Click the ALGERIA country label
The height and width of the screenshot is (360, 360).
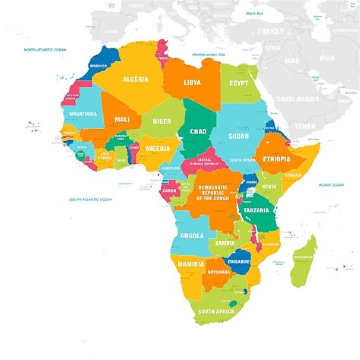[135, 79]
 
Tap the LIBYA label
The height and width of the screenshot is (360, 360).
[192, 82]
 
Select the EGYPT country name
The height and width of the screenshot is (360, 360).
[238, 83]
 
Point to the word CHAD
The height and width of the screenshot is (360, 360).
[198, 132]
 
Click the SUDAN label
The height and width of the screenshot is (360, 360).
[238, 136]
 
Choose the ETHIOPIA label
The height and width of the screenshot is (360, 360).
[276, 159]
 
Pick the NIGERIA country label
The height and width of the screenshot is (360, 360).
[158, 148]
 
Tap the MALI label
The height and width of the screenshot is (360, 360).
[122, 120]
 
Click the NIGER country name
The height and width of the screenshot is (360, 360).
[162, 121]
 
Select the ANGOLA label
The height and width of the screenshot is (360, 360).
[191, 236]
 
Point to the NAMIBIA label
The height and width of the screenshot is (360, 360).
[191, 264]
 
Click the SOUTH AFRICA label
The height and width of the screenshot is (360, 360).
[216, 311]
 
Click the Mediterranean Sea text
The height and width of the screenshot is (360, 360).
[208, 54]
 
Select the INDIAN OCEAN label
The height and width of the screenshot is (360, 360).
[331, 185]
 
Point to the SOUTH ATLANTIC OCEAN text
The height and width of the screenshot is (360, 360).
[90, 199]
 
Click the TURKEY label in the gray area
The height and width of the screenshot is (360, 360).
[270, 31]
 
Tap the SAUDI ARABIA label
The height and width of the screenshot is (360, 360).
[297, 99]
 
